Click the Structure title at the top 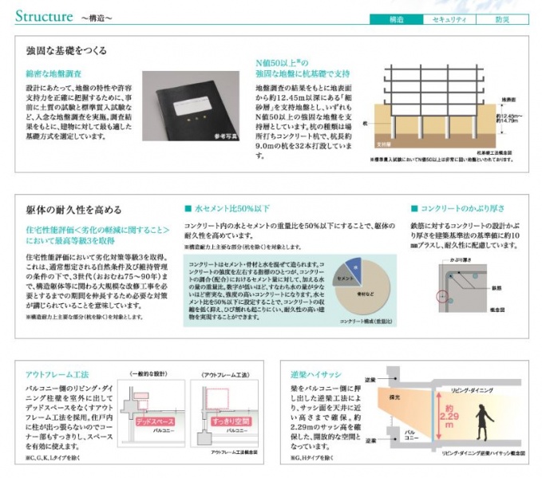(44, 14)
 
